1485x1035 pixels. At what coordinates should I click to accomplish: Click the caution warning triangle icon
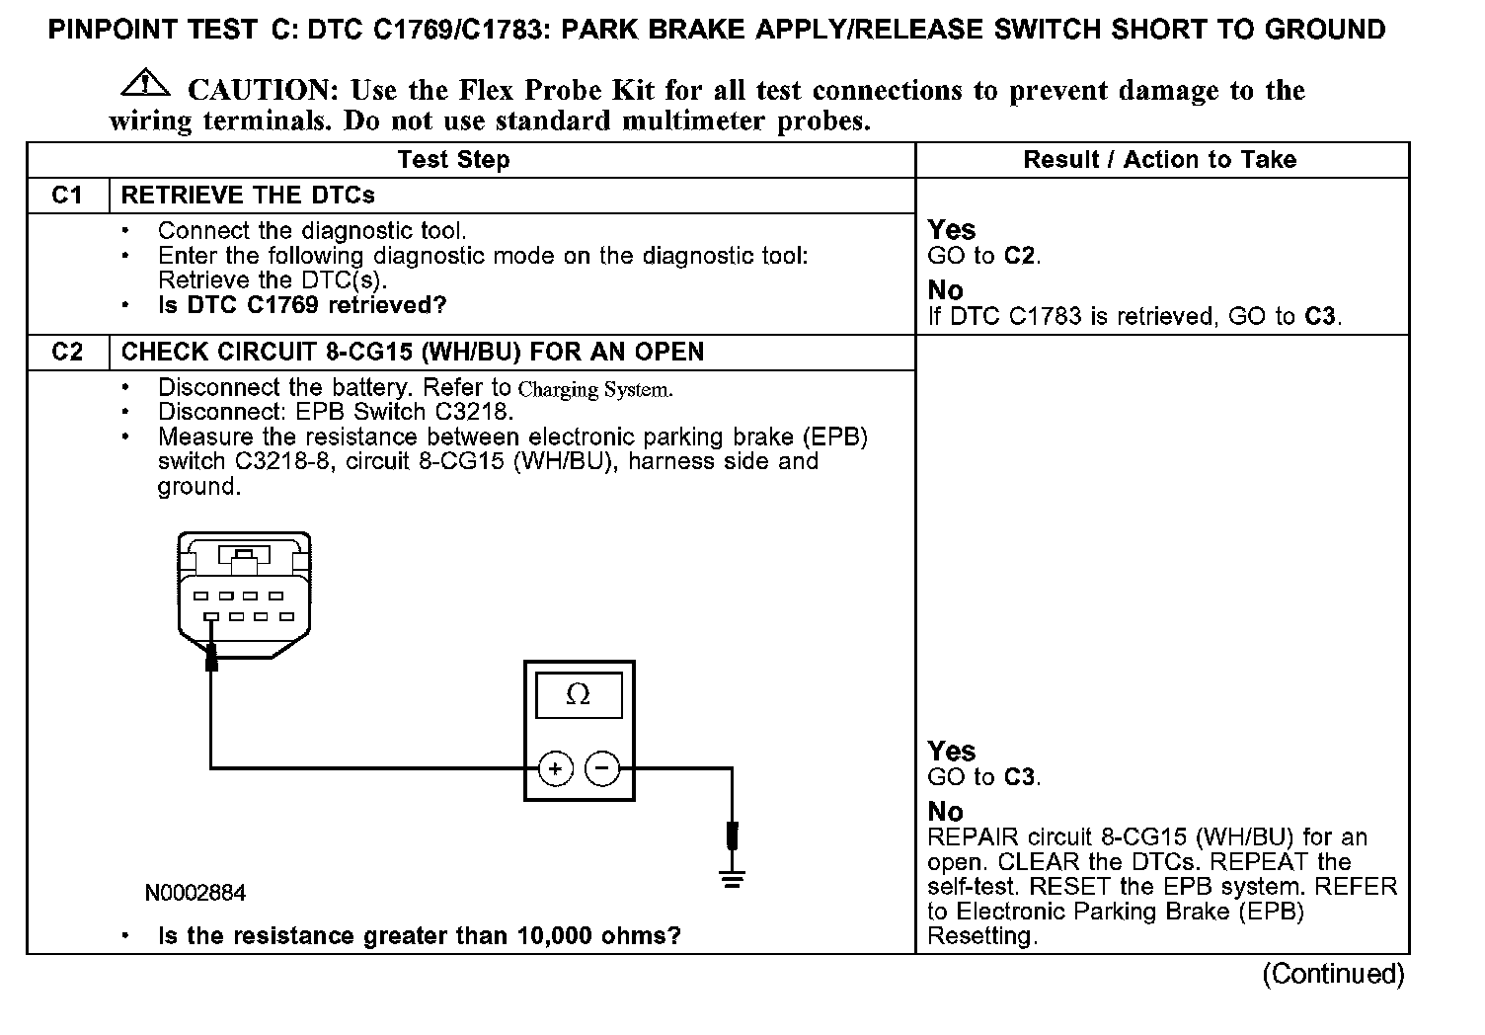(x=143, y=84)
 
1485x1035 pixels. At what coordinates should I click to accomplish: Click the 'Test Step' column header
(x=453, y=160)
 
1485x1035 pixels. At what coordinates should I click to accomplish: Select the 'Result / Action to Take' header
(x=1159, y=160)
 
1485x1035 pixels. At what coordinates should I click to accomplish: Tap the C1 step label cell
(x=67, y=196)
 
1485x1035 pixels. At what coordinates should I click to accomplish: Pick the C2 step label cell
(x=67, y=353)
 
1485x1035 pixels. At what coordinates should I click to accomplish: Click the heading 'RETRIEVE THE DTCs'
(x=248, y=196)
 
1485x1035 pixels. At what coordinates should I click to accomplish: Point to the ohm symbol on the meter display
(x=579, y=695)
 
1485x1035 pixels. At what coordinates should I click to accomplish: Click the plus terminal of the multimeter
(x=556, y=768)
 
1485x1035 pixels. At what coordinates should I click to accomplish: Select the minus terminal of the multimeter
(x=602, y=768)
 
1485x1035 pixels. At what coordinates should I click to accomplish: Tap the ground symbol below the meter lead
(x=732, y=877)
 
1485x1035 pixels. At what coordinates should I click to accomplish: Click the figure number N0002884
(x=195, y=894)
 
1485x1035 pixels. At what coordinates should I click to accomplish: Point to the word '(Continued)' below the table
(x=1333, y=974)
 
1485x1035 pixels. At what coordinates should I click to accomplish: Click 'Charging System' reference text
(x=595, y=389)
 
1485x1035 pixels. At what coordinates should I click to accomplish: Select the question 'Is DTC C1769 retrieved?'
(x=302, y=305)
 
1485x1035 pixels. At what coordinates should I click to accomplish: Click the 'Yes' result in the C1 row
(x=952, y=230)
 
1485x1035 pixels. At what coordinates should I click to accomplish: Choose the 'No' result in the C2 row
(x=945, y=812)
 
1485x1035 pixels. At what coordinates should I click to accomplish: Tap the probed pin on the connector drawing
(x=211, y=617)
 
